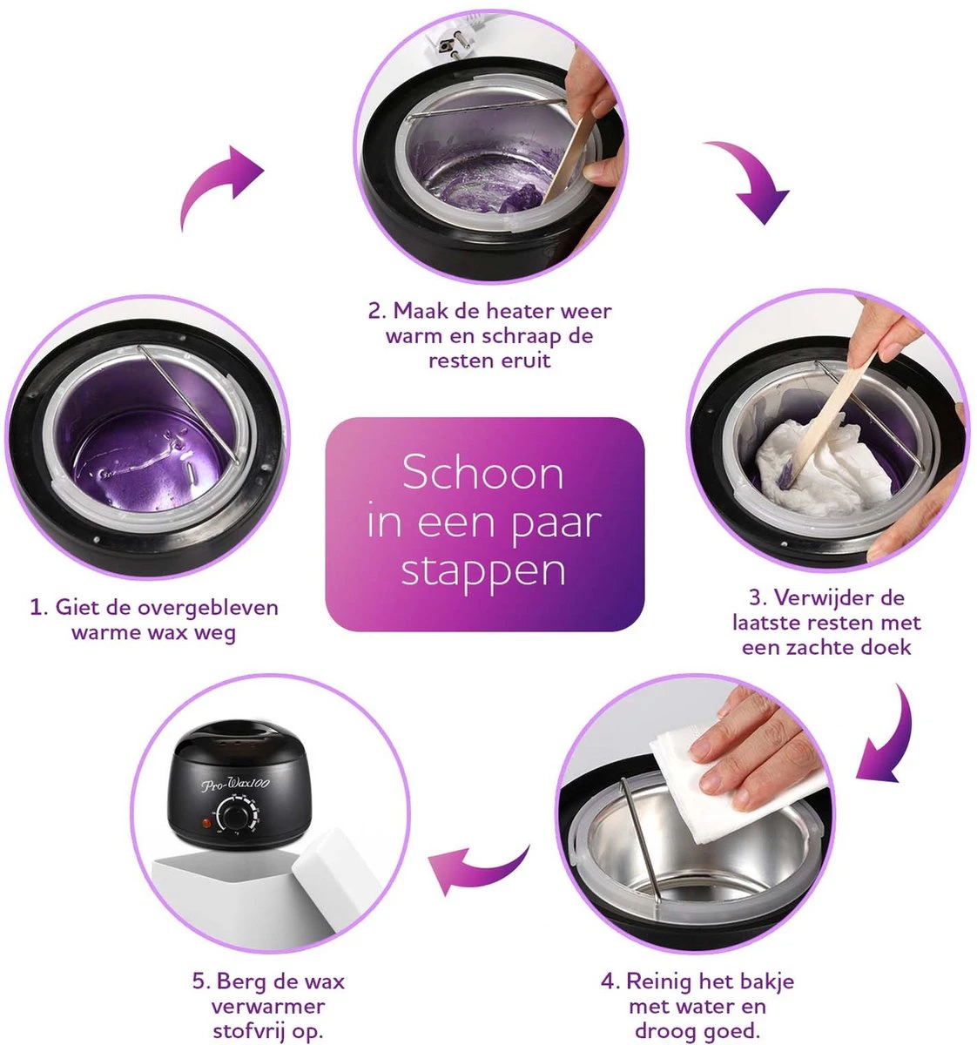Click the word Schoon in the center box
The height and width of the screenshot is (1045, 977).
point(483,474)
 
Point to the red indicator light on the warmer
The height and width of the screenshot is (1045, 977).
point(207,822)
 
